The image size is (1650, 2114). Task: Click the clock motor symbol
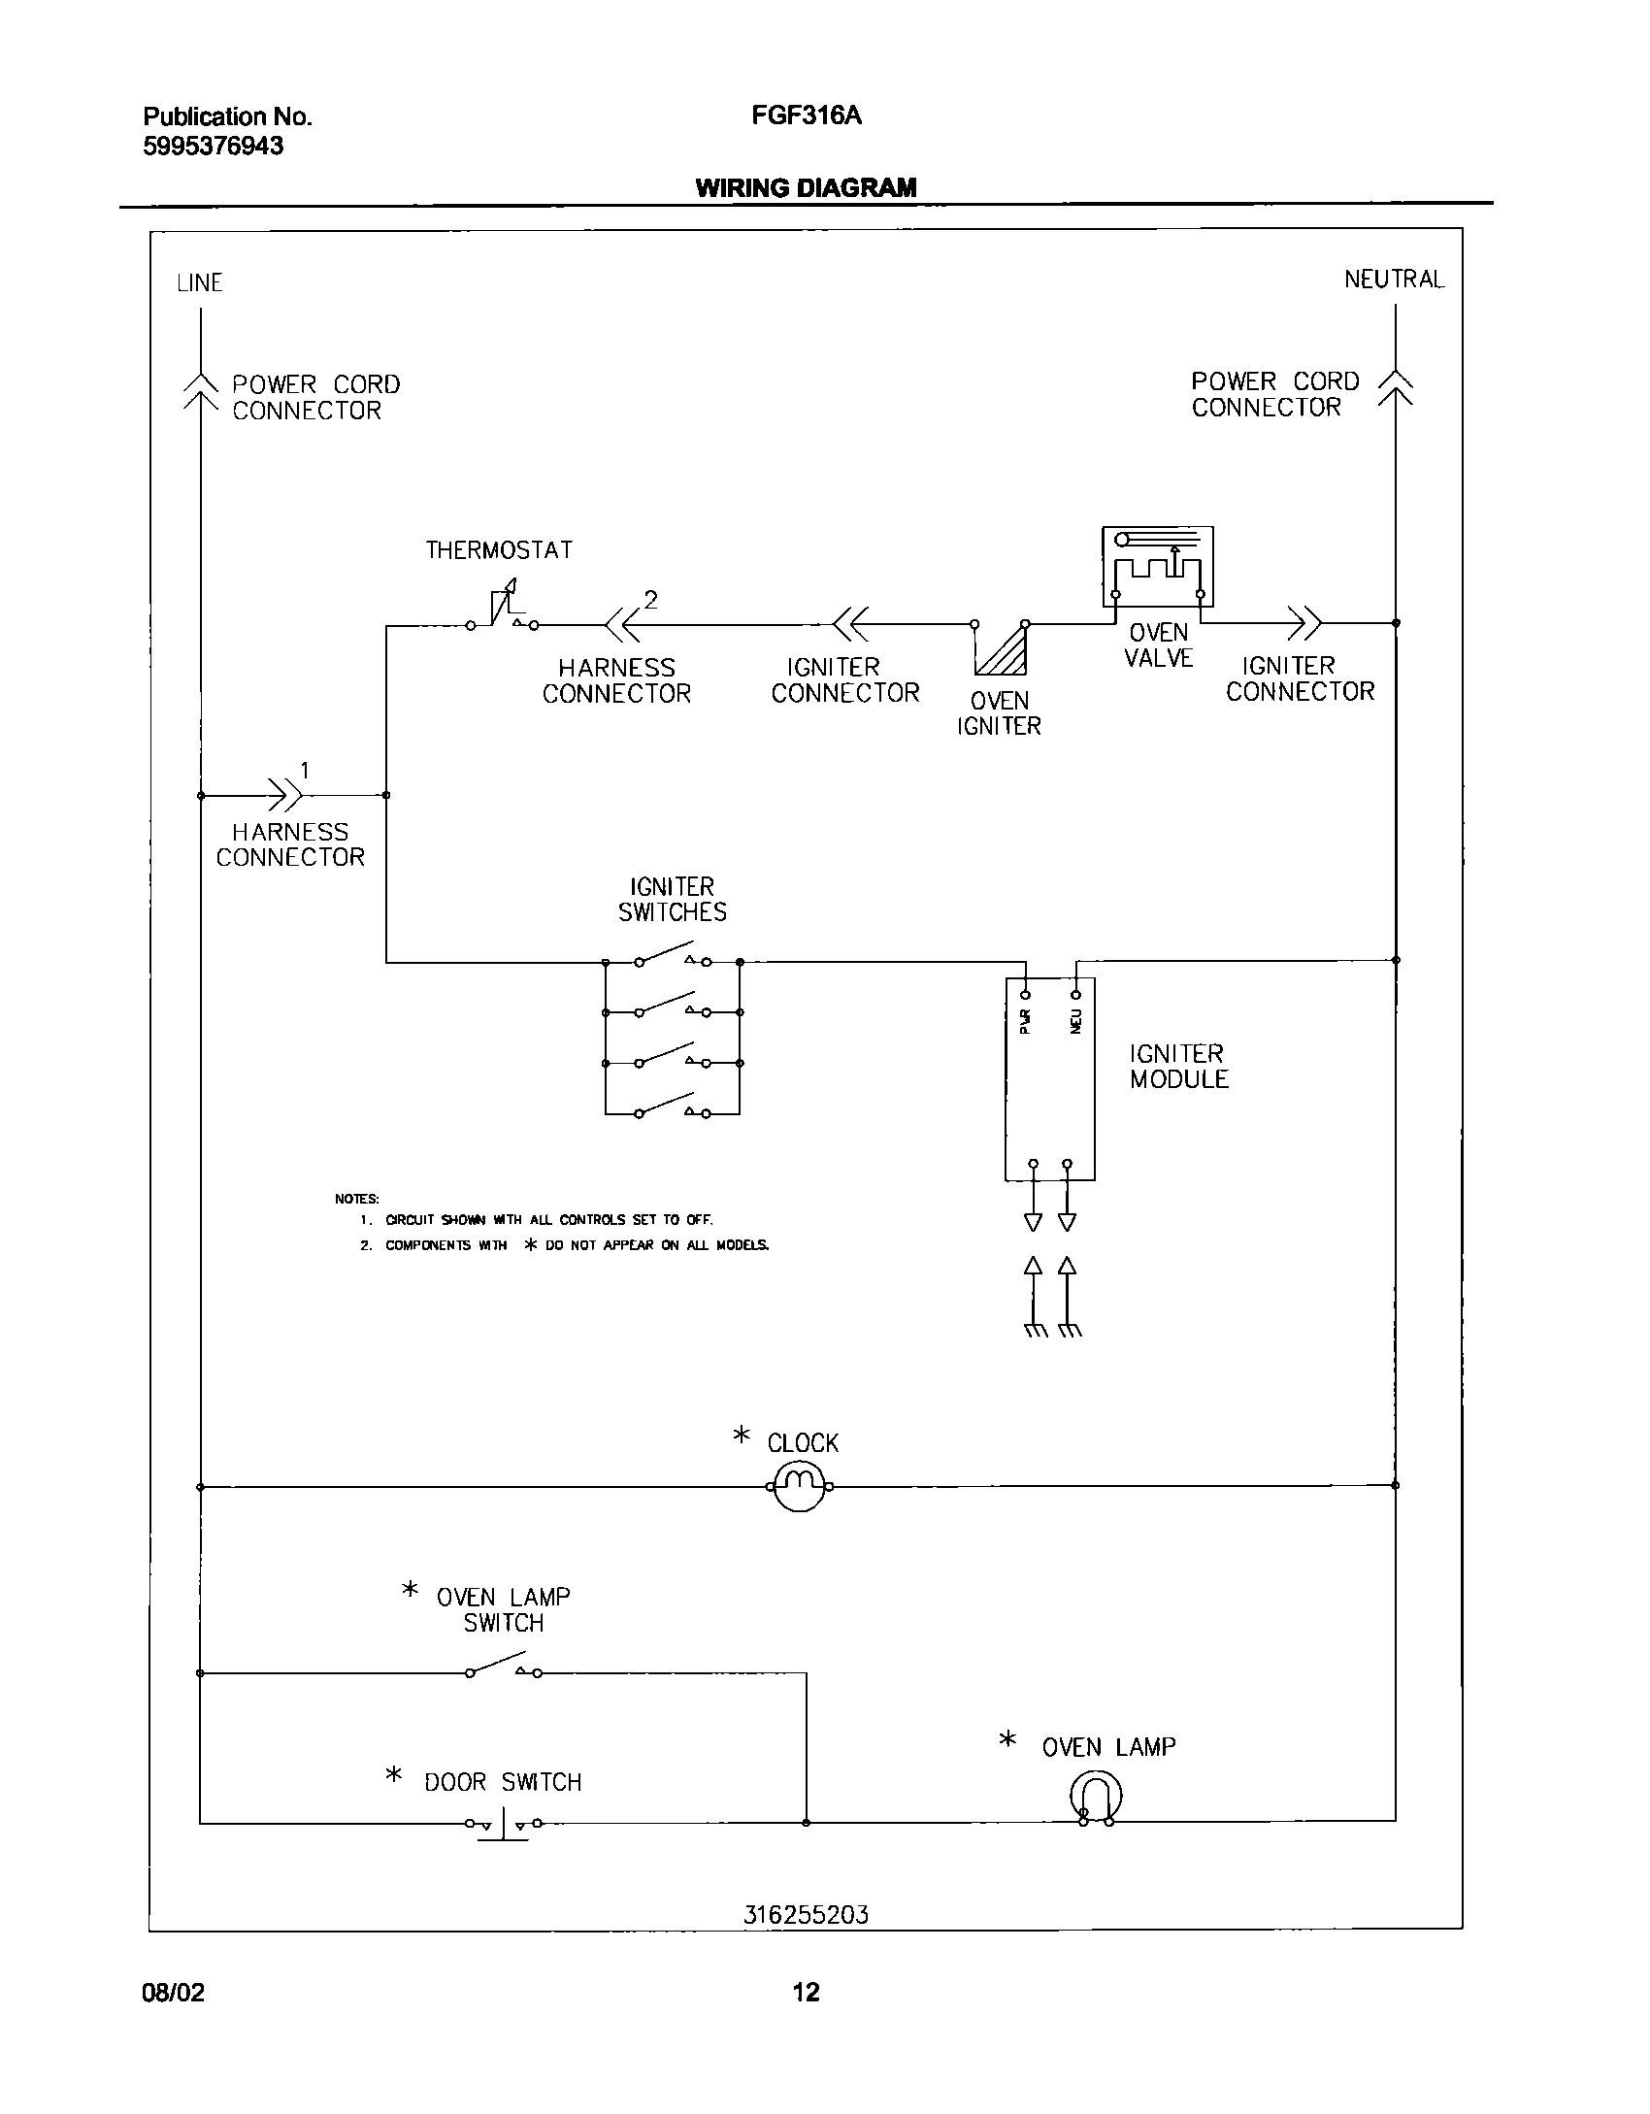799,1486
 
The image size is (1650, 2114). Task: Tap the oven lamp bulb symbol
1096,1799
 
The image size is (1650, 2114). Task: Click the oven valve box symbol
1157,567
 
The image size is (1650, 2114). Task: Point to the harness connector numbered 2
621,625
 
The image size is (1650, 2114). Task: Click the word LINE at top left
200,283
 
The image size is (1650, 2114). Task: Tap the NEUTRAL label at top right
1394,280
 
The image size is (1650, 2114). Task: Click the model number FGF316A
806,117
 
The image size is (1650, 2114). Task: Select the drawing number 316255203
806,1915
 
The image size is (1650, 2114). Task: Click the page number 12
806,1992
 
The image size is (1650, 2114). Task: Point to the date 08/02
174,1993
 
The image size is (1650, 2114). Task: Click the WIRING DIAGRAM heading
806,188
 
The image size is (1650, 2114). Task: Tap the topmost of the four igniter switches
672,959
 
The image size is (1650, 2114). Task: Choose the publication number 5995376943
214,147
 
